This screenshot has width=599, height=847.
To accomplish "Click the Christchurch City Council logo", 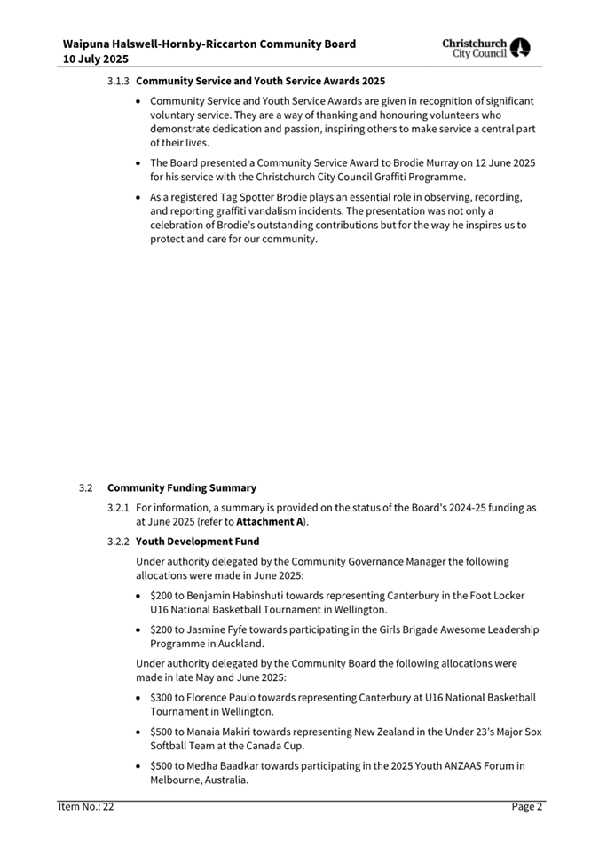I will click(x=486, y=48).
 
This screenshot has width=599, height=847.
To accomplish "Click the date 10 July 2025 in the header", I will click(x=95, y=59).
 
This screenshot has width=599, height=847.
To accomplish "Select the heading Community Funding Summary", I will click(x=182, y=487).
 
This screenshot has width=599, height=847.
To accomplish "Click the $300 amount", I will click(x=161, y=698).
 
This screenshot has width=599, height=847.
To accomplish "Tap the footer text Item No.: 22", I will click(x=86, y=807).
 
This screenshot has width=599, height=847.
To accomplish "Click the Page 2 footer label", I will click(x=526, y=807).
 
